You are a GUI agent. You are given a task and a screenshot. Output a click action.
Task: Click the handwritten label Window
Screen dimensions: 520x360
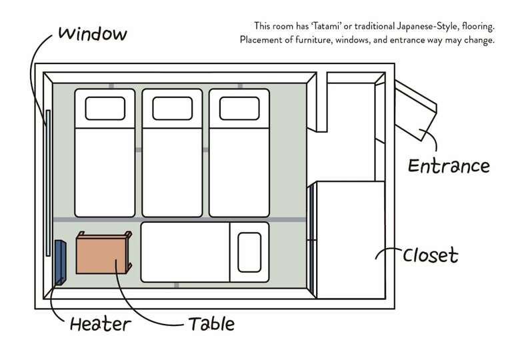pos(93,34)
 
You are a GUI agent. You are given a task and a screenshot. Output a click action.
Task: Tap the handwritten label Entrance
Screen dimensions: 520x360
pos(449,166)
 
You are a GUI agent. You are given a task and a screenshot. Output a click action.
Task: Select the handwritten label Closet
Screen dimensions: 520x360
pos(431,255)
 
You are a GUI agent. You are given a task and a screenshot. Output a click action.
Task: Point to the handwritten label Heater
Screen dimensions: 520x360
pos(101,324)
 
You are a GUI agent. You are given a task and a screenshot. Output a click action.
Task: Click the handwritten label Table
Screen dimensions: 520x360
pos(211,324)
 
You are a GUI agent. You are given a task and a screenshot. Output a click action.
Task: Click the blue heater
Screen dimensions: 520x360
pos(61,263)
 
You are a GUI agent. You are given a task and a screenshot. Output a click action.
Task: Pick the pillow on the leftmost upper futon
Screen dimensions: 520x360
pos(105,109)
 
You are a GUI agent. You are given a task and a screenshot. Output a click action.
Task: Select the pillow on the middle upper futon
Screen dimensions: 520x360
pos(173,109)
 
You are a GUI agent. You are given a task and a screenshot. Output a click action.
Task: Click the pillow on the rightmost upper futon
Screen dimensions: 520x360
pos(239,109)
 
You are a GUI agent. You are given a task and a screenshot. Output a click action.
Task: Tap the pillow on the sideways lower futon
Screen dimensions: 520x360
pos(249,252)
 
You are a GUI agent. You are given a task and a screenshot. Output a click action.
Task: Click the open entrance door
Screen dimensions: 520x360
pos(415,111)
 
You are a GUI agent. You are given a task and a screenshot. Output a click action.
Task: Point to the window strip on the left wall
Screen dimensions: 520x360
pos(48,183)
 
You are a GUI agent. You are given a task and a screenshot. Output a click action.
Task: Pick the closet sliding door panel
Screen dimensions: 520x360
pos(312,240)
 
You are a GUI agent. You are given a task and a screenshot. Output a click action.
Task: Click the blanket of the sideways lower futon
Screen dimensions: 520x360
pos(185,252)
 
